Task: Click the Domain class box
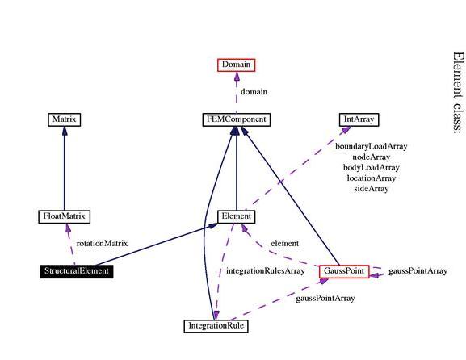point(237,65)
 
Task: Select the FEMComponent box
point(237,119)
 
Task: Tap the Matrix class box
point(64,119)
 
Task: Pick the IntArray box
point(359,119)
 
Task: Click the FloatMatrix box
point(64,216)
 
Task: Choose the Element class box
point(237,216)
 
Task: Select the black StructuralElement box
point(77,271)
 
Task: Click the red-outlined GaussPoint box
point(344,271)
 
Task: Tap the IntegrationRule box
point(216,326)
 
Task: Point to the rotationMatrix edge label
point(102,244)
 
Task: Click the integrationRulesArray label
point(266,271)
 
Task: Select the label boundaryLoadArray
point(372,146)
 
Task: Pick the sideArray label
point(372,189)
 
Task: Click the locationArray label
point(372,178)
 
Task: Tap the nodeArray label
point(372,157)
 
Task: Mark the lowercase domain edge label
point(254,92)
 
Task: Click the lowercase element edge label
point(285,244)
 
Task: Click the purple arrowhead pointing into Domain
point(237,77)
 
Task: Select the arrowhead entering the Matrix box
point(64,131)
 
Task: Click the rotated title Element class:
point(458,92)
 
